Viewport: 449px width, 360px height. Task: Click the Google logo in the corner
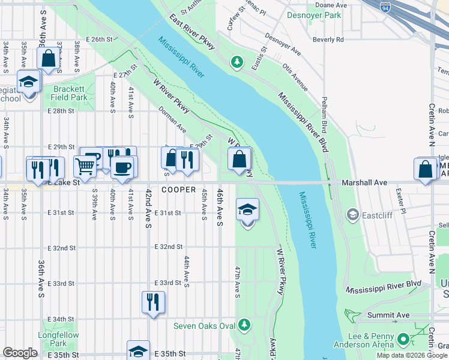pos(20,353)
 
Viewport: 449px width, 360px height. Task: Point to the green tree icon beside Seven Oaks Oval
pos(244,325)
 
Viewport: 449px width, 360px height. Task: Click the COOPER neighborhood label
pos(178,190)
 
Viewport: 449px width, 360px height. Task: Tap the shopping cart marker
pos(85,167)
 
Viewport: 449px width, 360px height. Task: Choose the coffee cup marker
pos(123,167)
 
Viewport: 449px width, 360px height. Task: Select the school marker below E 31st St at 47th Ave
pos(247,210)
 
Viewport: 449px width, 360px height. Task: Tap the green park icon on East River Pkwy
pos(237,61)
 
